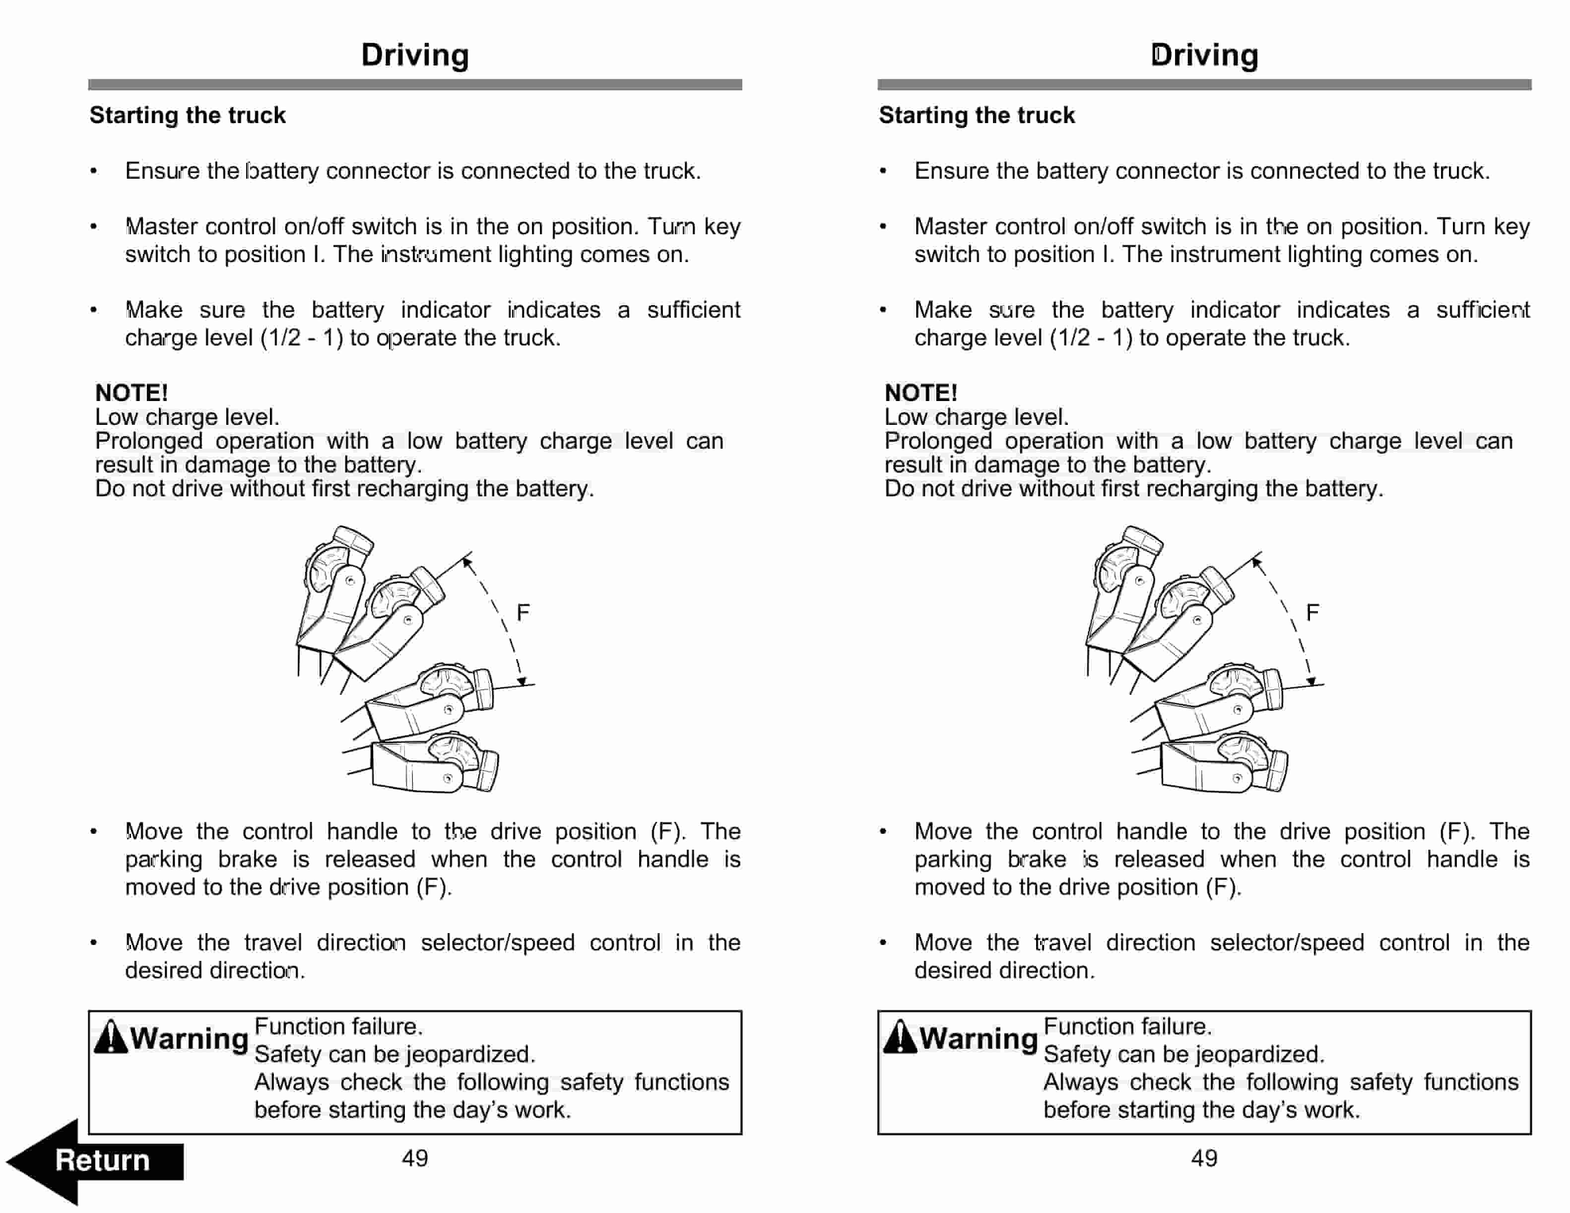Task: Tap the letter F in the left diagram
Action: pos(523,612)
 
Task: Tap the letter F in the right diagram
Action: pos(1312,612)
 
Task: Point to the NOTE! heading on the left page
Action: pos(131,393)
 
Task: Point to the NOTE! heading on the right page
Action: pos(921,393)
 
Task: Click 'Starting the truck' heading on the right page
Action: pos(976,115)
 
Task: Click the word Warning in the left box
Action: pos(189,1038)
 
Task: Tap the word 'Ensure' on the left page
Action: pos(162,171)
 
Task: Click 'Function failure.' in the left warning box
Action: pos(338,1026)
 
